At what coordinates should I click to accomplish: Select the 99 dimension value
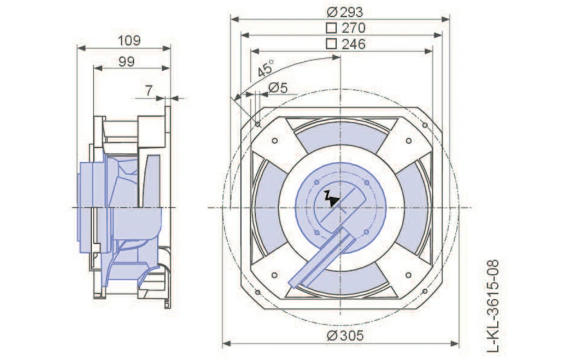click(126, 61)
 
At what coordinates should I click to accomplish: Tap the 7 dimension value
click(148, 89)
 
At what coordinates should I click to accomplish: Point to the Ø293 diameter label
click(344, 11)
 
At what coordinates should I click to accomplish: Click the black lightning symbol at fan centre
click(333, 198)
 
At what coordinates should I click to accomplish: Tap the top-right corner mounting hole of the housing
click(425, 125)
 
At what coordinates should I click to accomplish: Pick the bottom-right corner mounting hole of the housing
click(425, 292)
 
